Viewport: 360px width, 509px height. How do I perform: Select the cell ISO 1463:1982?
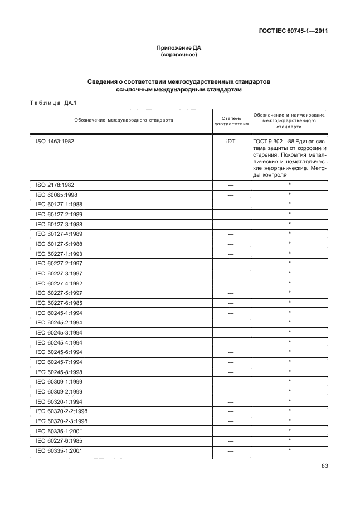coord(55,142)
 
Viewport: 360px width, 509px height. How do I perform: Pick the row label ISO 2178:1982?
coord(55,185)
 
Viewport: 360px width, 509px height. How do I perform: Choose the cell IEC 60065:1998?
coord(56,195)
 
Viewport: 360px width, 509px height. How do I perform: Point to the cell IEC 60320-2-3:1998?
coord(62,421)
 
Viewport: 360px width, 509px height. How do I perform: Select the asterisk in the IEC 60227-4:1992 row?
coord(290,283)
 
